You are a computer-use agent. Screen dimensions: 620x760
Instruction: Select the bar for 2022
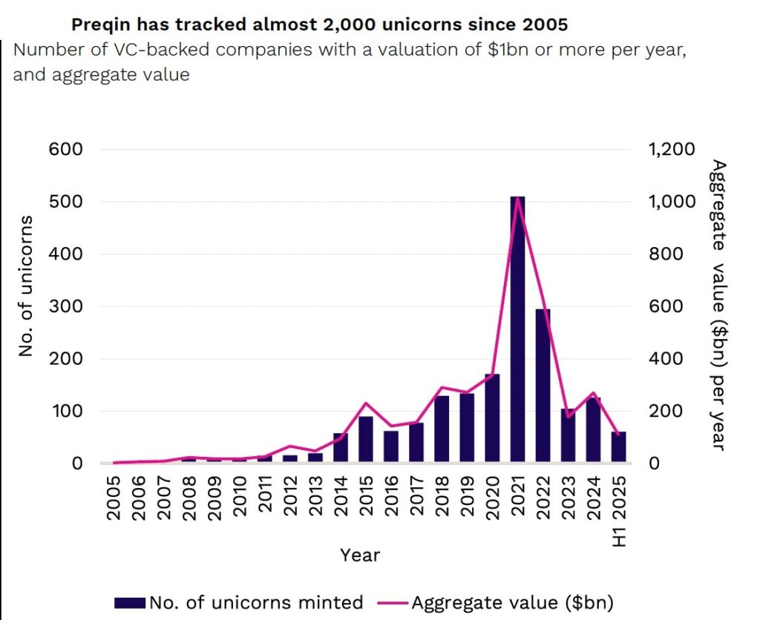tap(543, 386)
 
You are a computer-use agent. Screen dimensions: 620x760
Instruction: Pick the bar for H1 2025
tap(618, 447)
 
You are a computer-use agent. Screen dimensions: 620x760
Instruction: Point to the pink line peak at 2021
tap(517, 198)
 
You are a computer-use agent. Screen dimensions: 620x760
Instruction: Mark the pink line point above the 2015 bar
tap(366, 403)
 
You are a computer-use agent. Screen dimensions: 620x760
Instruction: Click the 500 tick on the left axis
tap(67, 202)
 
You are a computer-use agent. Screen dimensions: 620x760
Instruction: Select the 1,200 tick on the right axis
tap(671, 149)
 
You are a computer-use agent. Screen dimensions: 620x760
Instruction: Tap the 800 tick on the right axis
tap(665, 254)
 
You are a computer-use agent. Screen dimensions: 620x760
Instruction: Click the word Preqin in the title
tap(97, 24)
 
